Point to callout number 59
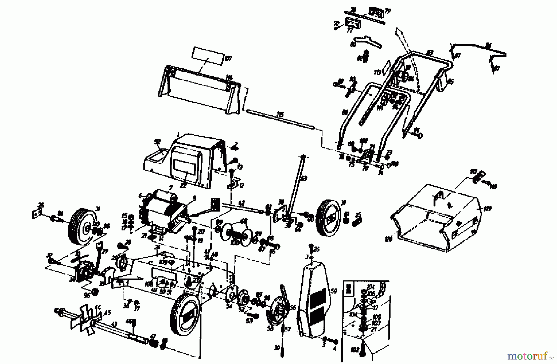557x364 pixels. coord(334,291)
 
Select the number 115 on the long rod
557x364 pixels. coord(280,115)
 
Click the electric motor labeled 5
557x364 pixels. coord(161,214)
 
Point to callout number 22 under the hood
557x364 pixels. coord(183,186)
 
